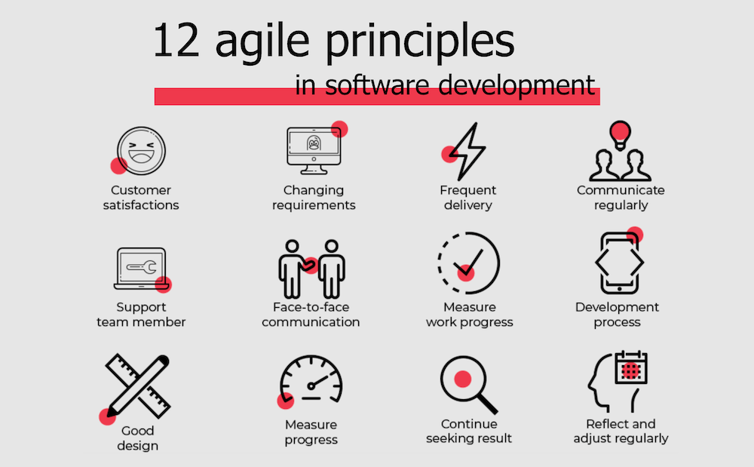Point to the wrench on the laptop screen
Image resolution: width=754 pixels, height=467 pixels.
[x=143, y=266]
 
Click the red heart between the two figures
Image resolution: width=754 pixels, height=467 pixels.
[x=309, y=265]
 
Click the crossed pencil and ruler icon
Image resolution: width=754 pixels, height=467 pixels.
[x=136, y=385]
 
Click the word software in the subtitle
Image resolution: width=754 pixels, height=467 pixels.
[x=366, y=85]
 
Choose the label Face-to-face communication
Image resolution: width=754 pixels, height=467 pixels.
[x=311, y=315]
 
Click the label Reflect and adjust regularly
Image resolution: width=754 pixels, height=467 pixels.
[x=621, y=431]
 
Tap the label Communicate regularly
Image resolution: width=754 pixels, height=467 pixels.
[x=621, y=197]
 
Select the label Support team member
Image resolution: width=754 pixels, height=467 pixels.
[x=141, y=315]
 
